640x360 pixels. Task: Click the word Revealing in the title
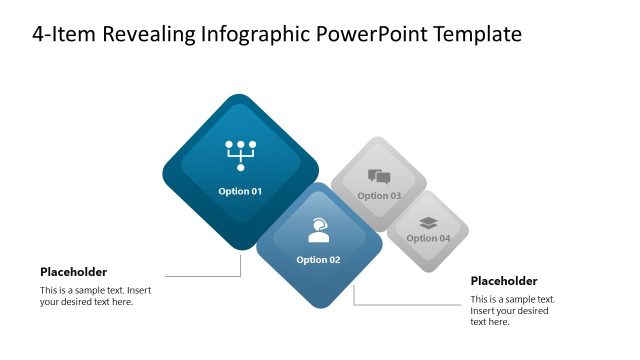tap(143, 35)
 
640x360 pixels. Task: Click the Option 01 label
tap(240, 191)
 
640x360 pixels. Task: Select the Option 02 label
tap(318, 260)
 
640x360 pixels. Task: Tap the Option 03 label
tap(379, 196)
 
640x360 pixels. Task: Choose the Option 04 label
tap(428, 238)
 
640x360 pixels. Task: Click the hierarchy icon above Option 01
tap(240, 155)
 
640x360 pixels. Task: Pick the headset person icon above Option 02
tap(318, 231)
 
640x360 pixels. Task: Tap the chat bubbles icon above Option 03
tap(379, 177)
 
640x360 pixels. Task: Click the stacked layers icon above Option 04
tap(428, 223)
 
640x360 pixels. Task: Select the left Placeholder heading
tap(73, 272)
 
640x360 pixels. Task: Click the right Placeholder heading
tap(504, 281)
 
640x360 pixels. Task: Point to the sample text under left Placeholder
tap(95, 296)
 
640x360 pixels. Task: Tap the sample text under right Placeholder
tap(512, 310)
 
